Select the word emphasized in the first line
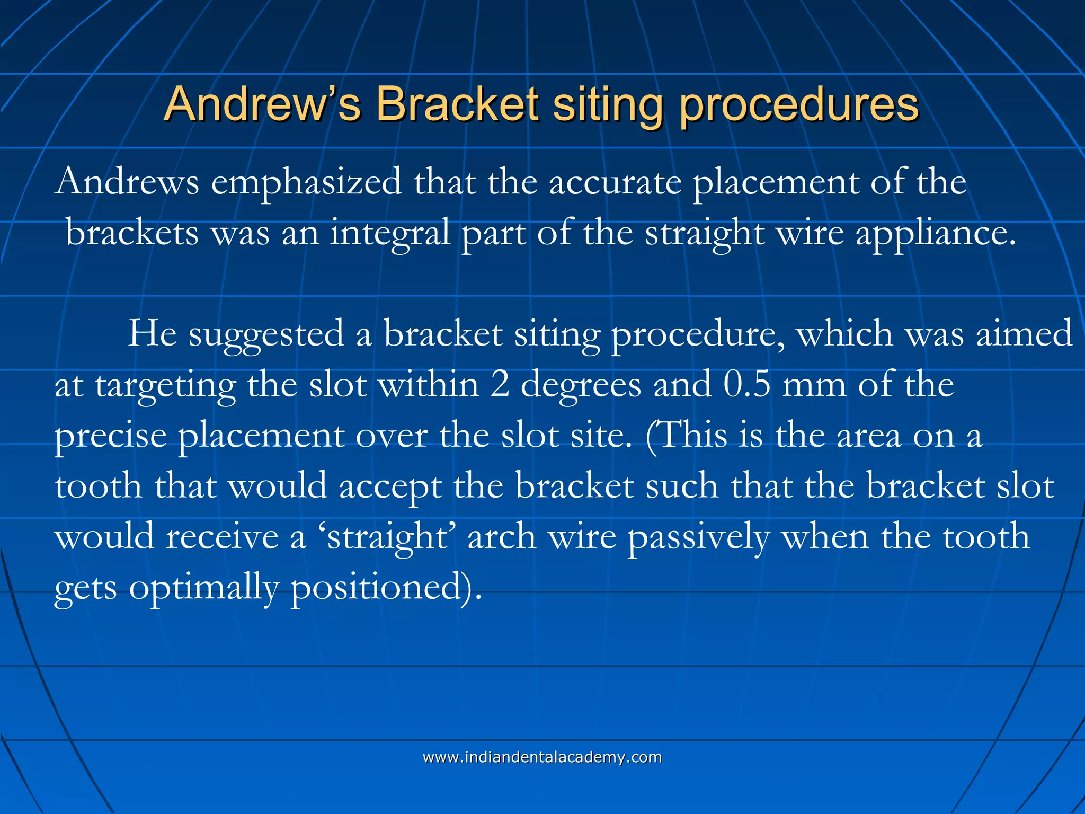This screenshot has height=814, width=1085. (306, 182)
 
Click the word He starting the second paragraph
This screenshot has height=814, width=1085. (153, 333)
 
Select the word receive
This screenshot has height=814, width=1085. (222, 536)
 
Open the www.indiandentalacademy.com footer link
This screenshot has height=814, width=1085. (542, 757)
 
